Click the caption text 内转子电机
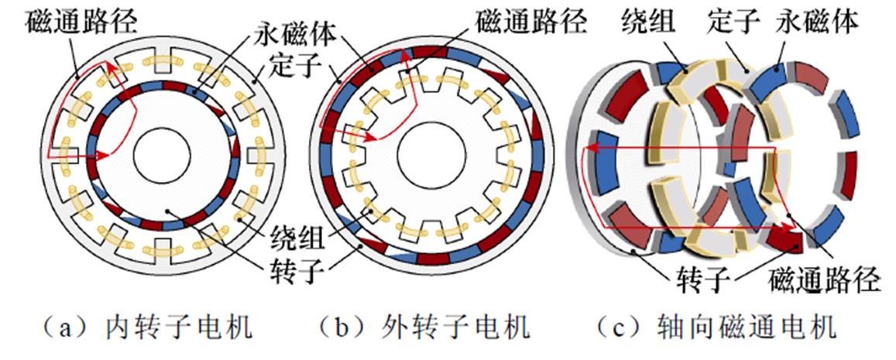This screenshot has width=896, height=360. pyautogui.click(x=179, y=327)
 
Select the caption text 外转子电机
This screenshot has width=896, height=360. pyautogui.click(x=457, y=327)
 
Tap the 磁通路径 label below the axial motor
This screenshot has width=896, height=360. pyautogui.click(x=826, y=279)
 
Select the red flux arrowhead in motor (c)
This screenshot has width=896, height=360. pyautogui.click(x=791, y=228)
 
